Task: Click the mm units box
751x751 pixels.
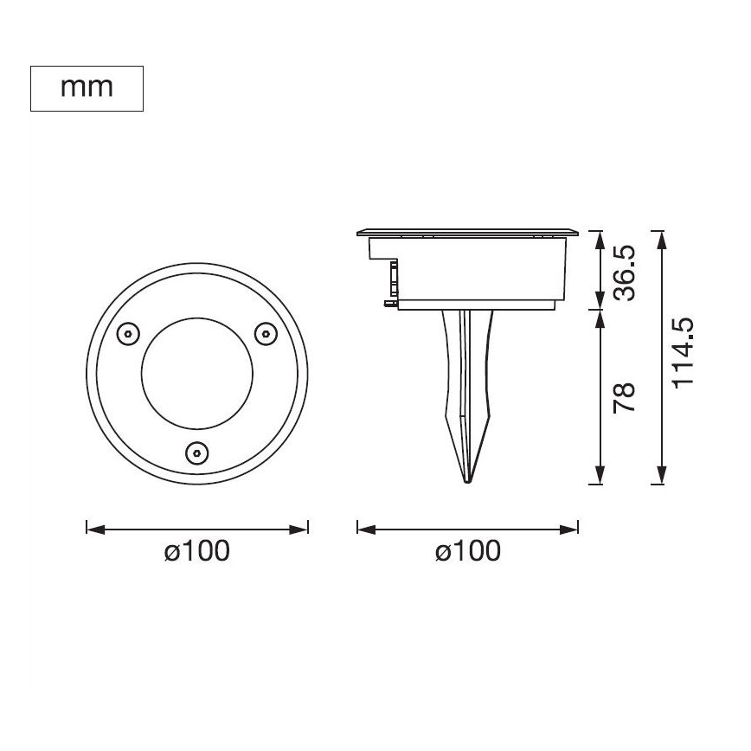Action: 87,87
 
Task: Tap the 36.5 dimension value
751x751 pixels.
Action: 624,273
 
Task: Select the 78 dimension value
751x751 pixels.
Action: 624,396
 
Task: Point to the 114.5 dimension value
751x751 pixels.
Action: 684,352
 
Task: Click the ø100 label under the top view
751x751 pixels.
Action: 197,550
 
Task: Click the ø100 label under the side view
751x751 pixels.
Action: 468,550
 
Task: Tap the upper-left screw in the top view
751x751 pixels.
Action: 128,332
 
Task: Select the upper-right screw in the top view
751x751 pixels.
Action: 265,332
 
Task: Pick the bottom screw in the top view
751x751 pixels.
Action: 196,451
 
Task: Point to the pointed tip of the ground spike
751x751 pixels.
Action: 468,480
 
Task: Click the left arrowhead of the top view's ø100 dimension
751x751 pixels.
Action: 92,527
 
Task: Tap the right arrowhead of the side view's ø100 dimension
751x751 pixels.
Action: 572,527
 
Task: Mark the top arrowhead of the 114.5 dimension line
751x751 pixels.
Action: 660,237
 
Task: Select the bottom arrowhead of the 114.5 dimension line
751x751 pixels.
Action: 660,478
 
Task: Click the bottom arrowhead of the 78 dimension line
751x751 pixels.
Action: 599,478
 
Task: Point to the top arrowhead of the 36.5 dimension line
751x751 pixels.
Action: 599,237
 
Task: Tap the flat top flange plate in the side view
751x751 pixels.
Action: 467,232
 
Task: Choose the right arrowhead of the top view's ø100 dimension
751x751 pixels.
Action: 302,527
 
